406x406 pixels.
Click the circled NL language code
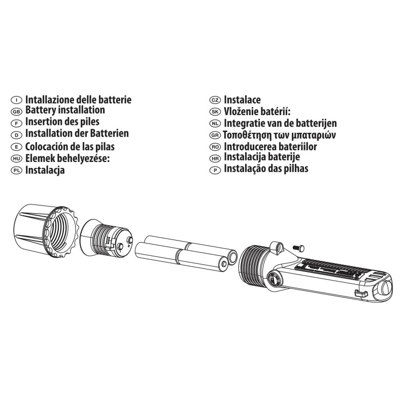click(x=216, y=124)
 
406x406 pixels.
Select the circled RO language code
click(x=216, y=147)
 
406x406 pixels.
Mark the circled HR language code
click(x=216, y=158)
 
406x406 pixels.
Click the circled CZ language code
click(x=216, y=100)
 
